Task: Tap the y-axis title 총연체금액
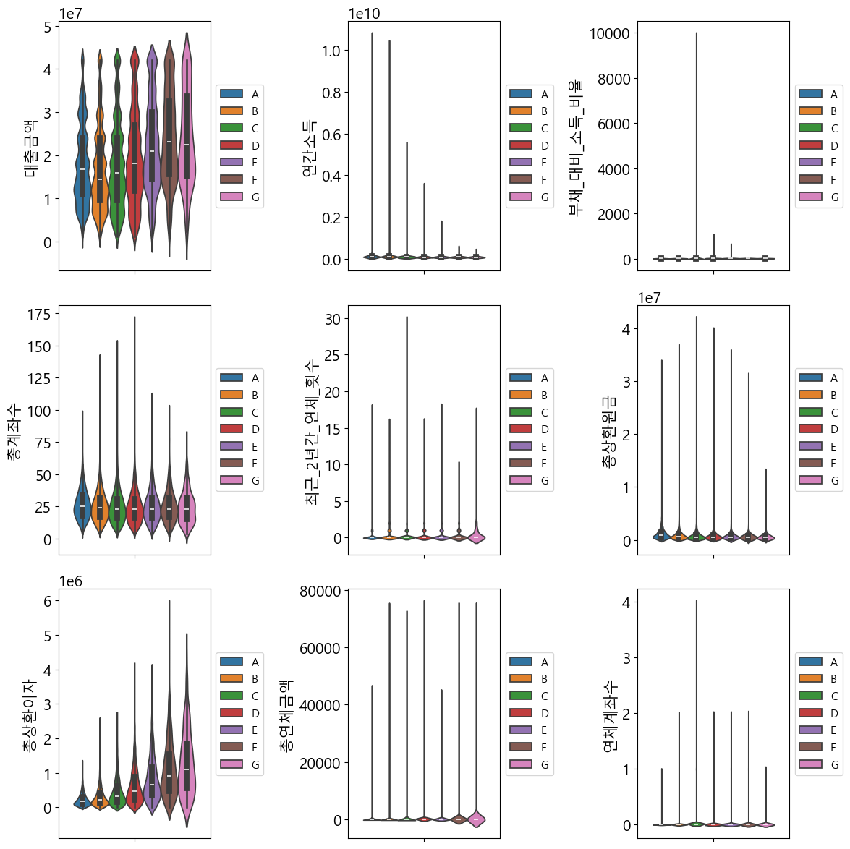(x=286, y=715)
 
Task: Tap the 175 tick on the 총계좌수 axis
(x=39, y=314)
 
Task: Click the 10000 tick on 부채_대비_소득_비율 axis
(x=609, y=33)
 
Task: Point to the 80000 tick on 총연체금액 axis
(x=320, y=592)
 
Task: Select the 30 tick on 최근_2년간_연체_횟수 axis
(x=333, y=319)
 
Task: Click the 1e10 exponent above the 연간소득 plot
(x=364, y=14)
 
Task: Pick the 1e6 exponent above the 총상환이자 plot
(x=70, y=582)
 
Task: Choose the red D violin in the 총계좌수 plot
(x=135, y=506)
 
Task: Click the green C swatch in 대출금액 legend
(x=231, y=128)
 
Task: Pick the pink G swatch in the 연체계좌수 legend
(x=810, y=764)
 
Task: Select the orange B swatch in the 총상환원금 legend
(x=810, y=395)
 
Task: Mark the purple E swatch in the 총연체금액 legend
(x=521, y=730)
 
